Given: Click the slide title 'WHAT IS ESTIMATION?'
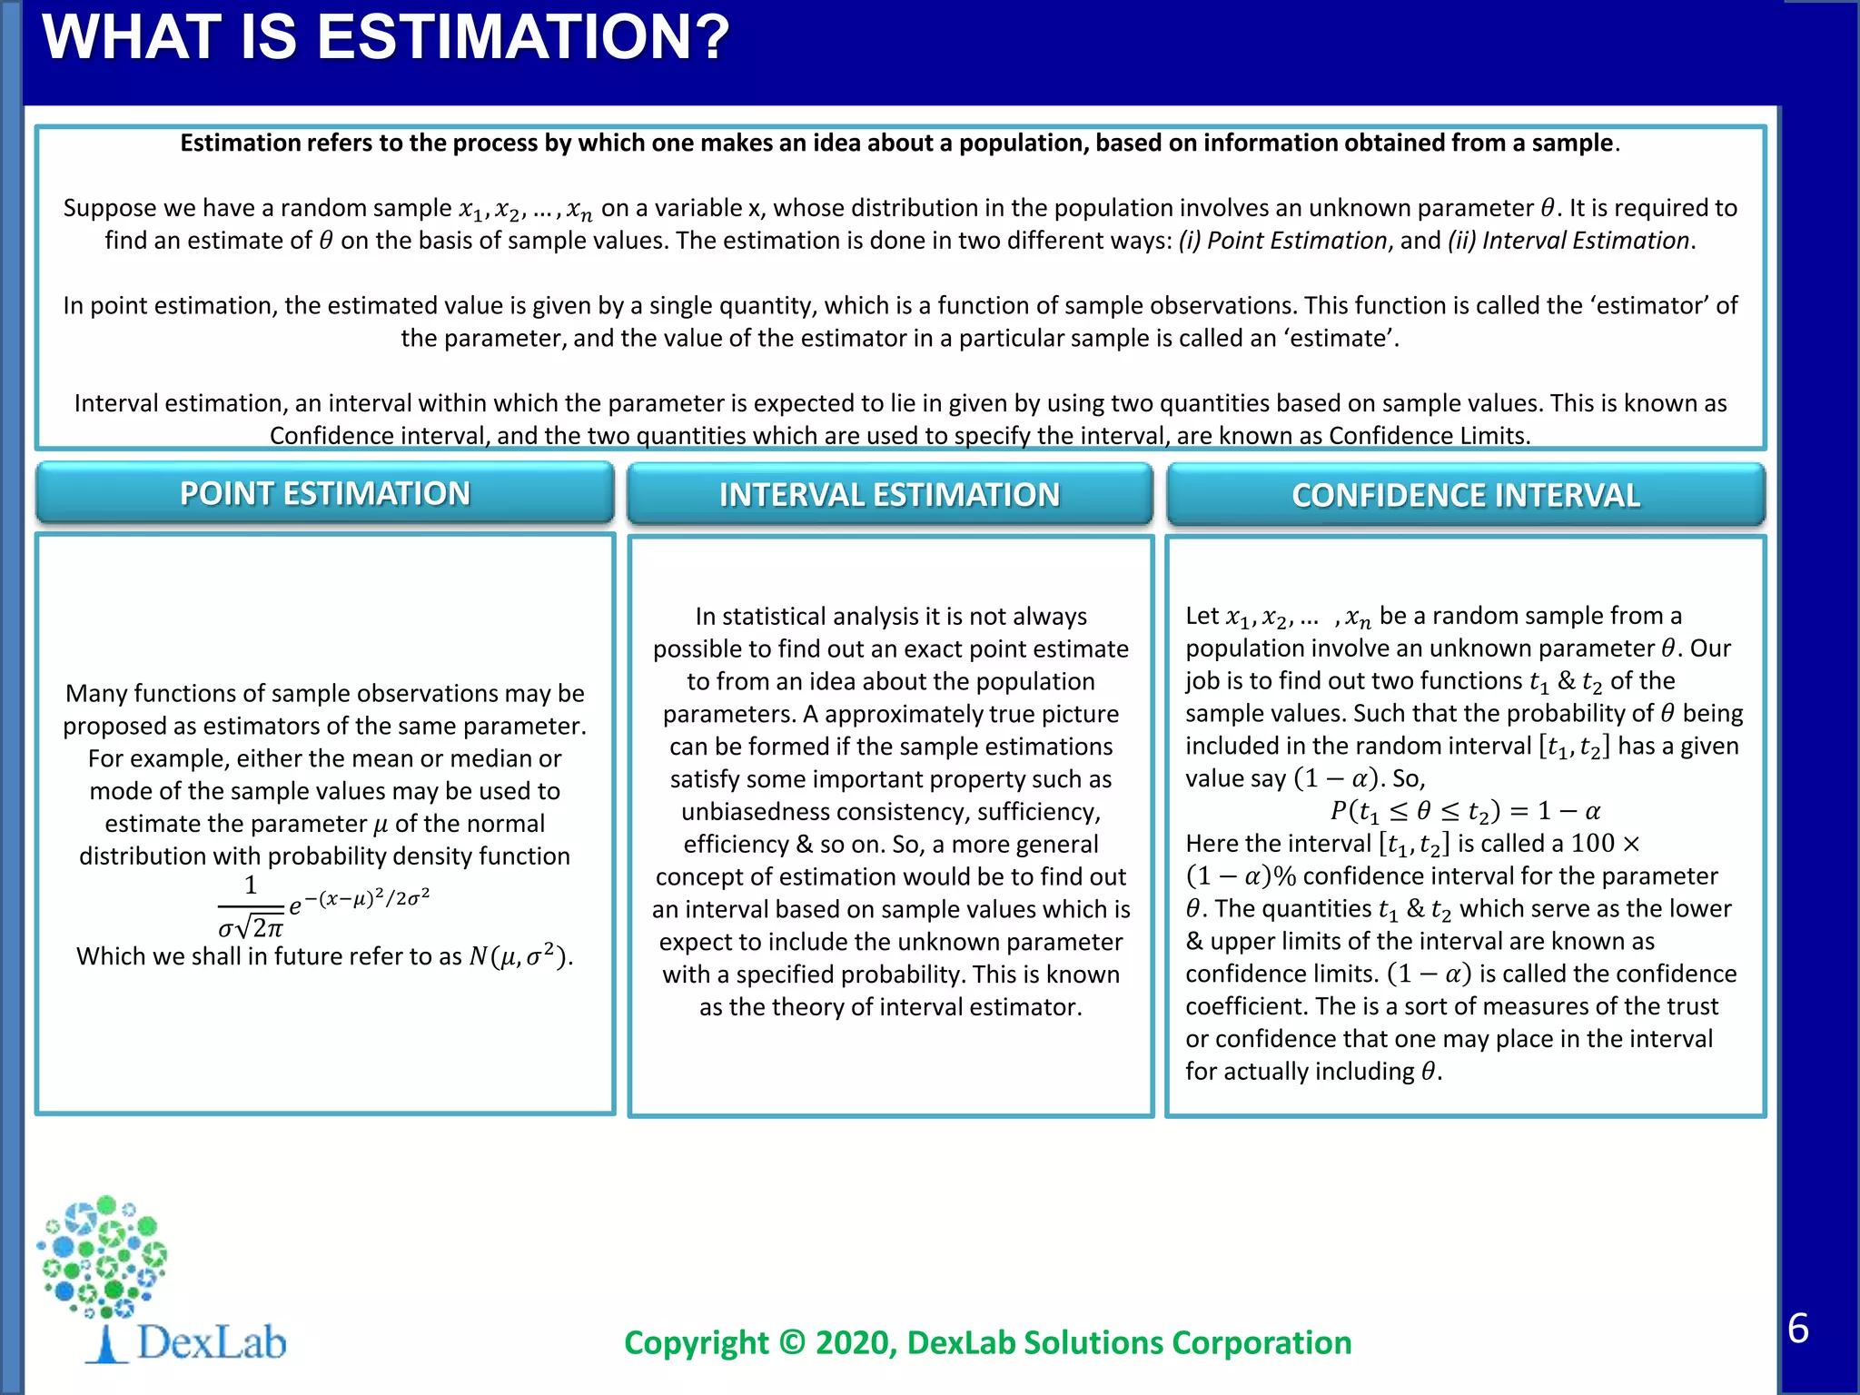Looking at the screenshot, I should click(385, 38).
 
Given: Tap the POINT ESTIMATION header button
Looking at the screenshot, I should click(325, 494).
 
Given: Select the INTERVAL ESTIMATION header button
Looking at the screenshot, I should click(889, 495).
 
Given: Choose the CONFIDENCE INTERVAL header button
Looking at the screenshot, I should click(1466, 496).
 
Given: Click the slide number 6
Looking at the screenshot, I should click(1797, 1329).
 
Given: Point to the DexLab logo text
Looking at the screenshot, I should click(211, 1342).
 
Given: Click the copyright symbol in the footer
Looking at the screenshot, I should click(791, 1342).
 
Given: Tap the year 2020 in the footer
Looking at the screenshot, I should click(855, 1342).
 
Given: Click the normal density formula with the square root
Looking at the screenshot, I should click(322, 906).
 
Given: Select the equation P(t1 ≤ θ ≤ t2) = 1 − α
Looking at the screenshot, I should click(1464, 811).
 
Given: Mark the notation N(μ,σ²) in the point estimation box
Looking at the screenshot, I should click(519, 956).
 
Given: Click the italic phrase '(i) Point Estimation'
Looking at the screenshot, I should click(1283, 241).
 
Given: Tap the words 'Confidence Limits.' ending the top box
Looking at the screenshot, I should click(1430, 436).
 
